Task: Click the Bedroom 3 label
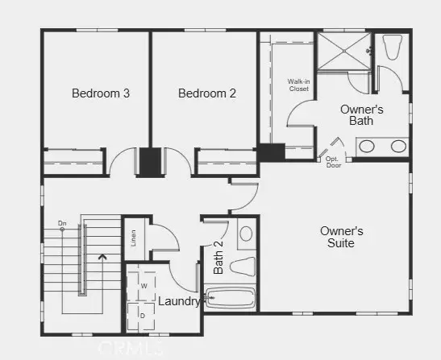coord(101,93)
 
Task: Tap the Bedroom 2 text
coord(207,93)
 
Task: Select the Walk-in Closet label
coord(299,85)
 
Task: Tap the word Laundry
coord(179,301)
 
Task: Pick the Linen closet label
coord(133,238)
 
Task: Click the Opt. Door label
coord(333,161)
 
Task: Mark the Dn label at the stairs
coord(62,223)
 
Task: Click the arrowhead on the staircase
coord(101,259)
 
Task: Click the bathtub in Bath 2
coord(231,299)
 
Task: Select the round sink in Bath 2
coord(246,234)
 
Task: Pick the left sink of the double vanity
coord(367,147)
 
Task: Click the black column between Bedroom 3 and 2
coord(150,161)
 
